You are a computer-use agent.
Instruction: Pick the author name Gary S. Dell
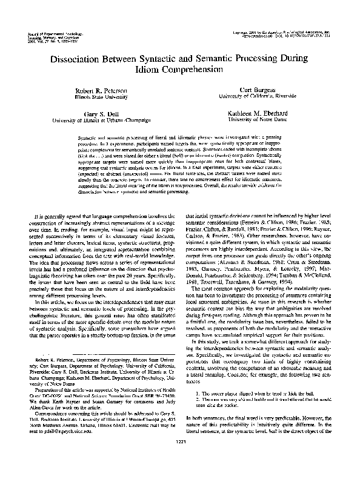pos(100,113)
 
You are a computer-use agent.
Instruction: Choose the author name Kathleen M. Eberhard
pos(259,113)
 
